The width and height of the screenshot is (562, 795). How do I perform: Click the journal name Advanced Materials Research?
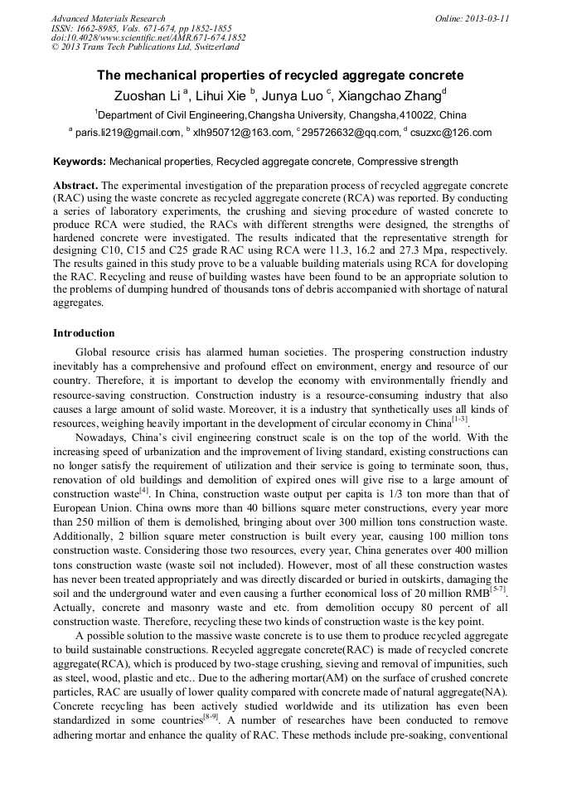108,18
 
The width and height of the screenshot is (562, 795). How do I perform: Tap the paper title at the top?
280,75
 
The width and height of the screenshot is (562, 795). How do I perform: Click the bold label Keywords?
80,162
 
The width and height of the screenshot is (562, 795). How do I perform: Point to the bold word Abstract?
76,185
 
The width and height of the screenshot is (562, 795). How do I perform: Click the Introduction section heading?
84,333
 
